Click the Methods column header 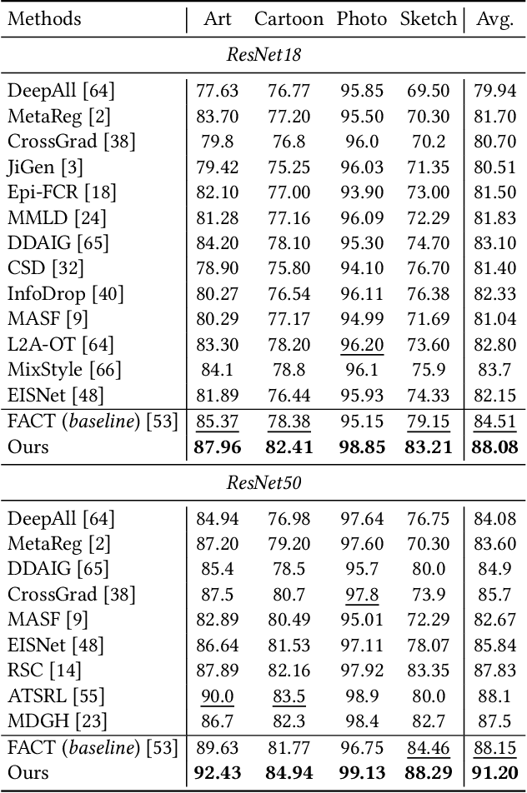[x=45, y=18]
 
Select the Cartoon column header [x=289, y=18]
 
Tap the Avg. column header [x=494, y=18]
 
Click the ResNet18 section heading [x=263, y=55]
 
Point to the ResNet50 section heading [x=263, y=482]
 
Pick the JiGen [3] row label [x=45, y=167]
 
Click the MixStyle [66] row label [x=64, y=369]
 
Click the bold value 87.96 [x=218, y=446]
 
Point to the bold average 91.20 [x=494, y=772]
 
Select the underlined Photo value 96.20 [x=361, y=344]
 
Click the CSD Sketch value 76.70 [x=429, y=268]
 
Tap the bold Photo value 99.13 [x=361, y=772]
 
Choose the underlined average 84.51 [x=494, y=421]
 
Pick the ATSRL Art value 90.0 [x=218, y=696]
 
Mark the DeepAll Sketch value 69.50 [x=429, y=91]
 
